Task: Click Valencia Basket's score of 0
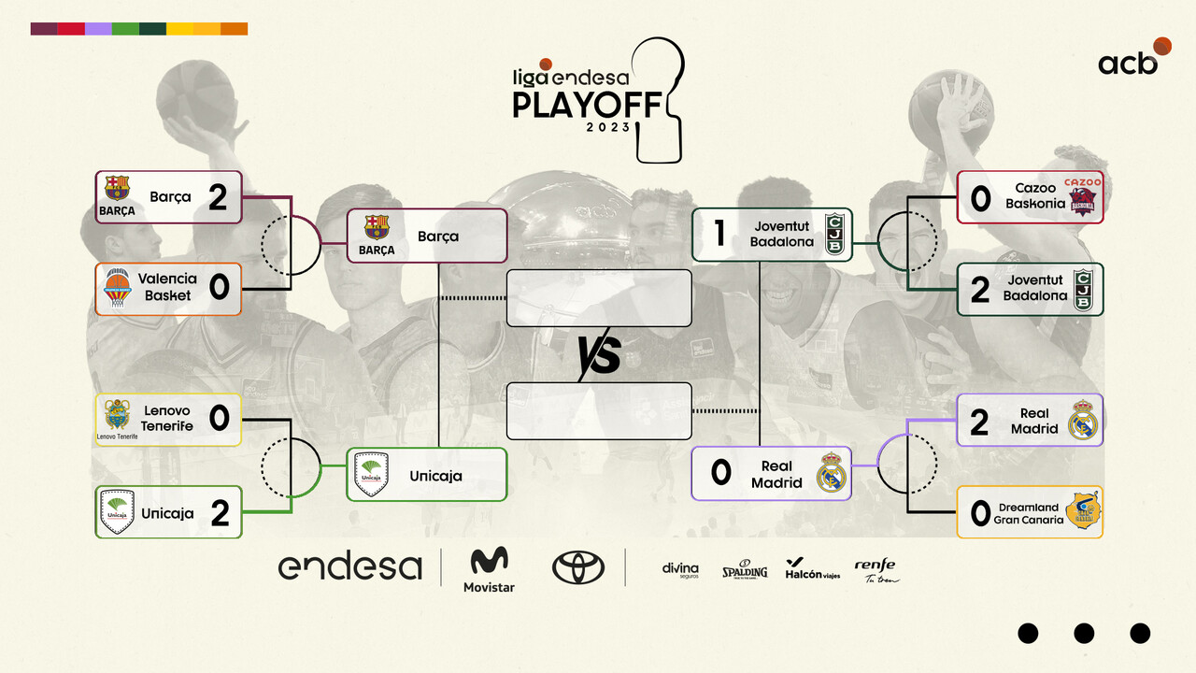(x=219, y=287)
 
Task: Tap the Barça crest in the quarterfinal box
(x=117, y=188)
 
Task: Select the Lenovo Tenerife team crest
(x=117, y=414)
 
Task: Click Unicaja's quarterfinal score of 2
(x=220, y=513)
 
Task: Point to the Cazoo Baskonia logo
(x=1082, y=196)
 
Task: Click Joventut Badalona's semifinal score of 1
(x=719, y=234)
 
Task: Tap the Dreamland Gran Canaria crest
(x=1082, y=510)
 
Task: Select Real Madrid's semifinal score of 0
(x=720, y=473)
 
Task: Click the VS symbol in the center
(x=599, y=355)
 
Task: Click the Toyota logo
(x=578, y=567)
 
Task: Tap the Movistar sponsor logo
(x=489, y=570)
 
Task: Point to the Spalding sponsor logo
(x=745, y=569)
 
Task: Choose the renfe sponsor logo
(x=876, y=570)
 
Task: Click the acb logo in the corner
(x=1134, y=57)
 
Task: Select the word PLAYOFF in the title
(x=588, y=105)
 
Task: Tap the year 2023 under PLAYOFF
(x=608, y=127)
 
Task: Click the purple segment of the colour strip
(x=98, y=29)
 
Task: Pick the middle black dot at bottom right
(x=1084, y=634)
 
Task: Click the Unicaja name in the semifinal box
(x=435, y=476)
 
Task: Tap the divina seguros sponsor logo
(x=680, y=570)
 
